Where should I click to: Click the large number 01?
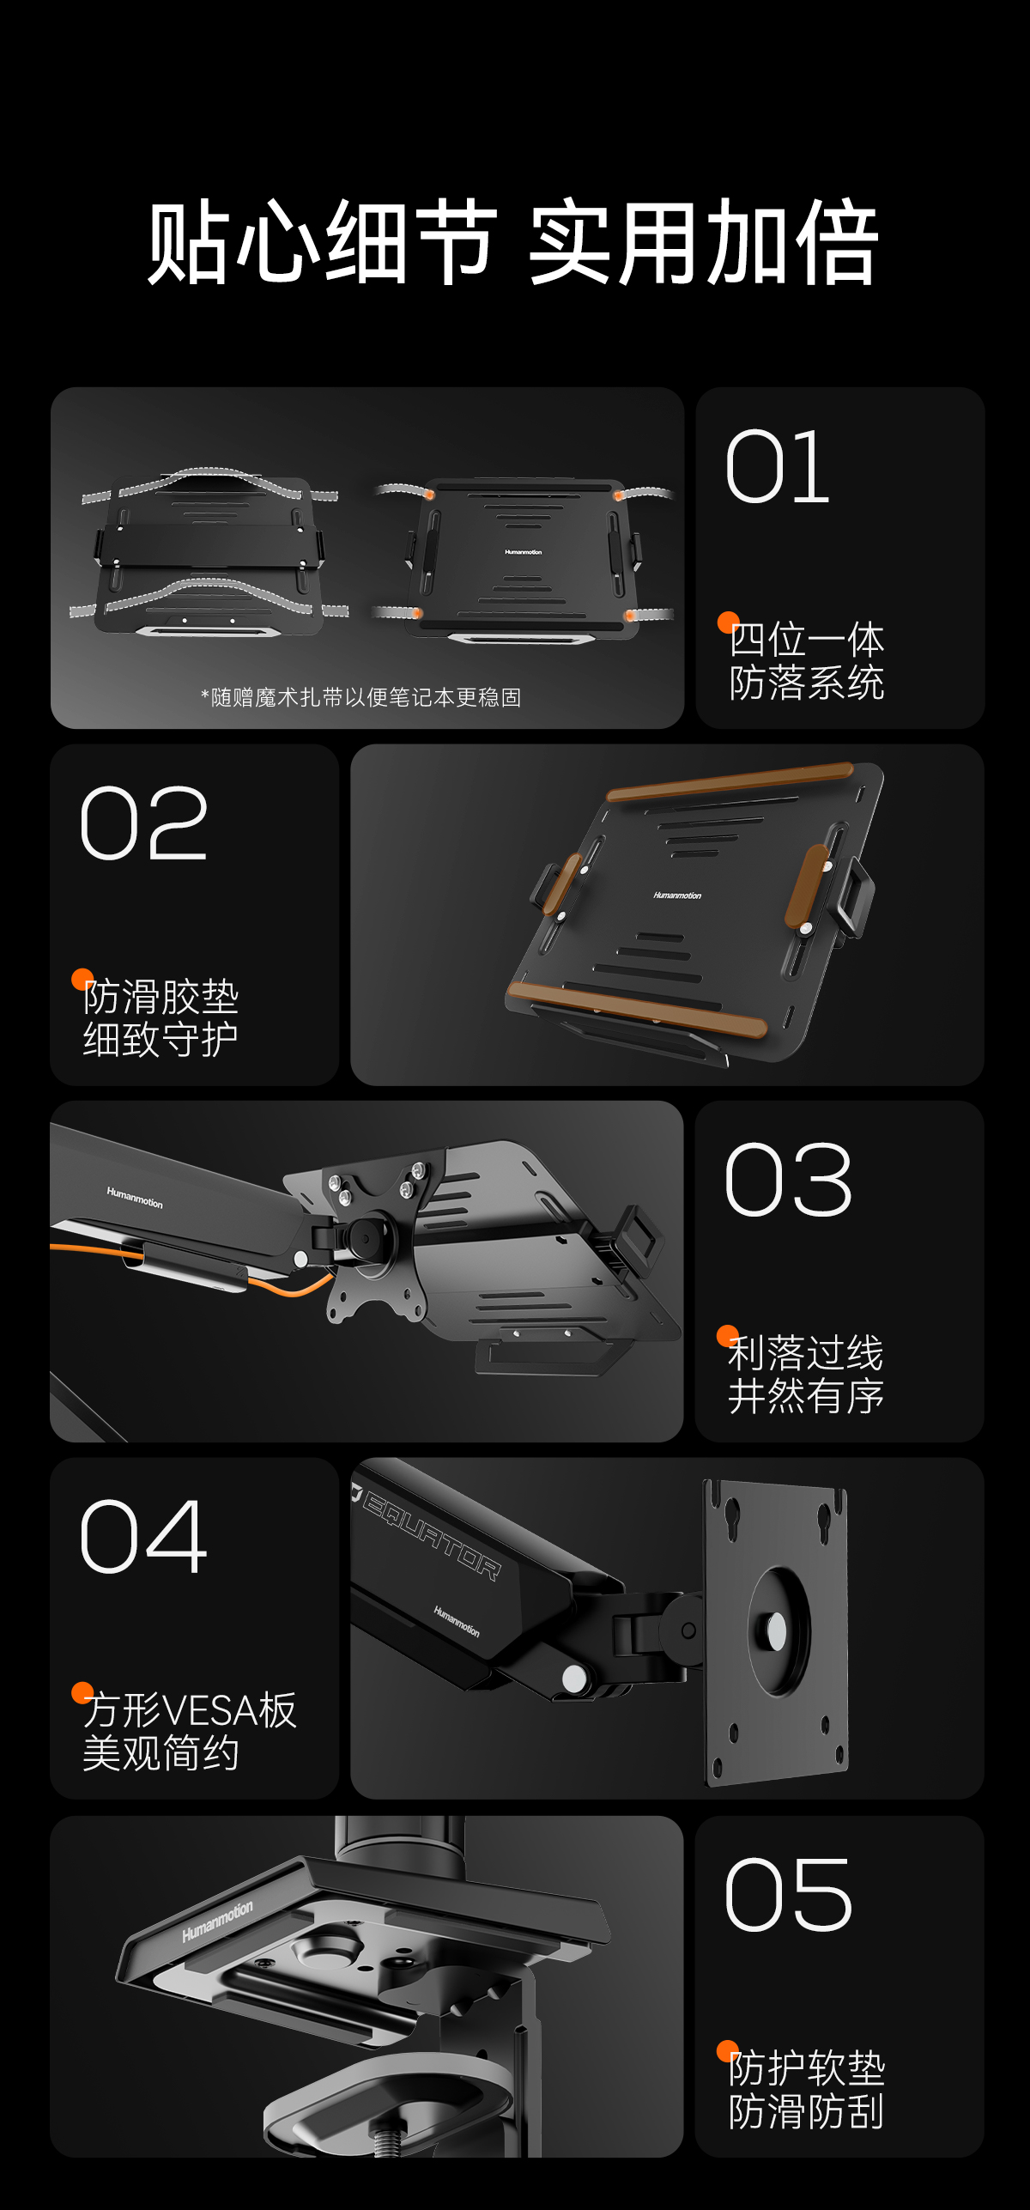click(778, 467)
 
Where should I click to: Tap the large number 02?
click(144, 824)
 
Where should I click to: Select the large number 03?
click(789, 1181)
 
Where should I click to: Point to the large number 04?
click(144, 1538)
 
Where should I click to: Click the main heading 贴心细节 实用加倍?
click(513, 242)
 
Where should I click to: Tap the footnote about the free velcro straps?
click(360, 697)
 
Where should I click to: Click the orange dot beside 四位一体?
click(729, 622)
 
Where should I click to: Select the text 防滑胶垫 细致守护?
click(161, 1018)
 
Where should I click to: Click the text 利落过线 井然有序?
click(806, 1375)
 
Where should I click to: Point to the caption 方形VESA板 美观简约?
click(190, 1732)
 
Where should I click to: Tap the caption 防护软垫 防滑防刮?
click(807, 2089)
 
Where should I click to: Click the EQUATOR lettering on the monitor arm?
click(429, 1535)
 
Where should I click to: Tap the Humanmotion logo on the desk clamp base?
click(217, 1921)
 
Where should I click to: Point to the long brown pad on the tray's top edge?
click(730, 781)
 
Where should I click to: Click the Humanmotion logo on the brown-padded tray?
click(677, 895)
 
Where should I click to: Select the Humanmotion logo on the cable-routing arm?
click(135, 1197)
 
